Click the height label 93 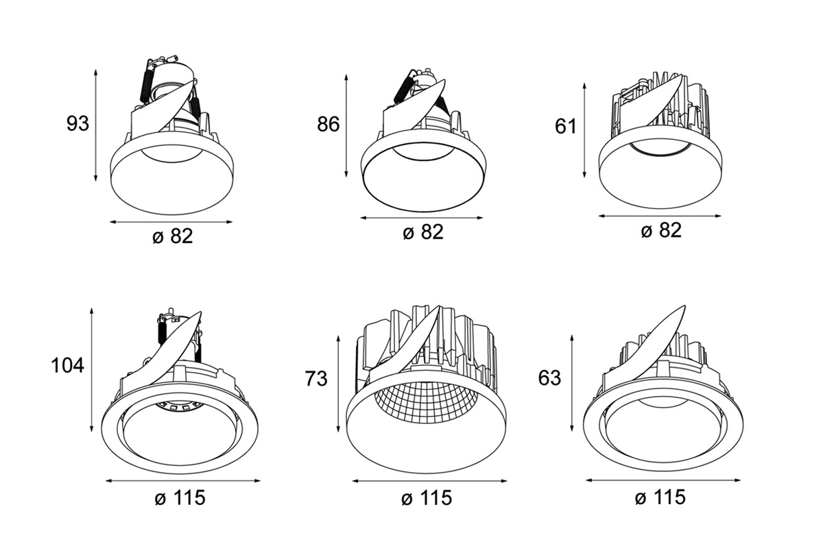(78, 124)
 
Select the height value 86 (329, 125)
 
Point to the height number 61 (566, 126)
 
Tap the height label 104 (68, 366)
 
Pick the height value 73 (317, 378)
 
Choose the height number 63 (549, 378)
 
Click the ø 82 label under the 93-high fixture (172, 237)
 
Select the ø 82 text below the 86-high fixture (423, 233)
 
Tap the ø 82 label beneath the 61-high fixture (661, 231)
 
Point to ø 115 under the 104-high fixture (180, 498)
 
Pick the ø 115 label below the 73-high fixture (427, 498)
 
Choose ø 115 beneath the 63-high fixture (660, 497)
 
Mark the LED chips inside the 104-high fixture (178, 406)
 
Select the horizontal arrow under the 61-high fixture (660, 216)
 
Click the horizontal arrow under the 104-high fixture (183, 481)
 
